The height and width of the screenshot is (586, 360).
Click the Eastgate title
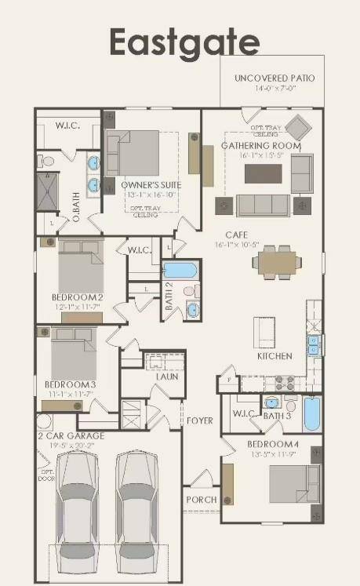click(184, 41)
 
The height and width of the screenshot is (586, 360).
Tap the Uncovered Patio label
click(275, 78)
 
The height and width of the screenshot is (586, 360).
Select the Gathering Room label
click(261, 145)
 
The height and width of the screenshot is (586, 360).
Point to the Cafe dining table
click(278, 260)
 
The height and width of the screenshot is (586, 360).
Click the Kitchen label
click(275, 355)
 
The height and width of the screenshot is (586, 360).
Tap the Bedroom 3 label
click(70, 384)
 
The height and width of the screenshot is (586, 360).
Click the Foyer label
click(199, 420)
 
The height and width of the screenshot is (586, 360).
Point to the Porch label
click(201, 499)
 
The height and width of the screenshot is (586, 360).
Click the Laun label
click(166, 377)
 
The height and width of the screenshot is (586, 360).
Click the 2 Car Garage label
click(70, 435)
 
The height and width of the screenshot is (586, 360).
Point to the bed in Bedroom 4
click(294, 484)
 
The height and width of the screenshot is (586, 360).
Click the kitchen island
click(263, 331)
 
